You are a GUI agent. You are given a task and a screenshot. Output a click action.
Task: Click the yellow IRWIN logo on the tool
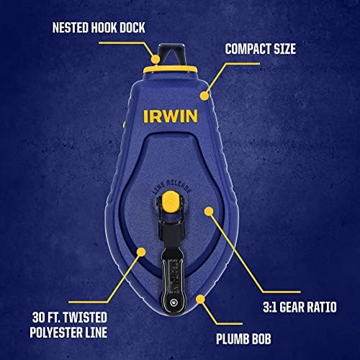171,117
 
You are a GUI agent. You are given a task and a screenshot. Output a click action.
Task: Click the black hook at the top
171,54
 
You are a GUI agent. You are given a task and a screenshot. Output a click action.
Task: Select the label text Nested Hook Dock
99,27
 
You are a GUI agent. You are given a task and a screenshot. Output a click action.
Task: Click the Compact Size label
261,49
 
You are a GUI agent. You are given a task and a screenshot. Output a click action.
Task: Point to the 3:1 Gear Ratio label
300,307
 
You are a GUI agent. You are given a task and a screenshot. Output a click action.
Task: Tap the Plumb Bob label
243,339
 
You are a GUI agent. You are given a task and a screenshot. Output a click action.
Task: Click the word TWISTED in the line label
85,318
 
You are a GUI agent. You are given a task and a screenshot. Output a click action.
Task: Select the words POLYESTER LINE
68,333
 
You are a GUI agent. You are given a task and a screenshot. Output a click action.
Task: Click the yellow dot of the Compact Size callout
204,96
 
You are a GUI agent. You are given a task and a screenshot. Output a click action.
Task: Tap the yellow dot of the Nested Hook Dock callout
156,59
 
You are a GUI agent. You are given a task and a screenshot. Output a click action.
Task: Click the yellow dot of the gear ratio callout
209,211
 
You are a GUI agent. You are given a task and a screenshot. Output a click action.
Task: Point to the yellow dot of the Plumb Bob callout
200,299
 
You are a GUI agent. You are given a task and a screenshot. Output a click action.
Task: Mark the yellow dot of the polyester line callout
141,252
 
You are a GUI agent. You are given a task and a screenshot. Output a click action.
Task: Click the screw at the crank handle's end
173,303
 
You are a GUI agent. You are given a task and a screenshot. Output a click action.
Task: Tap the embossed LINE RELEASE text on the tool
172,186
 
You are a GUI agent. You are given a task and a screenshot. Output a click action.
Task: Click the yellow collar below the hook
171,69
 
